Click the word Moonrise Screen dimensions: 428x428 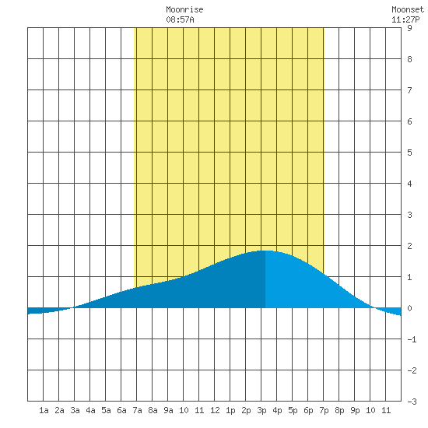pos(184,9)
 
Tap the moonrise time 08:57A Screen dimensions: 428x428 pos(180,19)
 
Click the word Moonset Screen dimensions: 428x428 pos(408,9)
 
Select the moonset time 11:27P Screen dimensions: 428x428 pos(405,19)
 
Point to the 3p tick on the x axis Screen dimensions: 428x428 pos(261,410)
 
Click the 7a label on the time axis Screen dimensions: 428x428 pos(137,410)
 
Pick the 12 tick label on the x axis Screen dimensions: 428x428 pos(215,410)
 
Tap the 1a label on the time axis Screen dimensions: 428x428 pos(44,410)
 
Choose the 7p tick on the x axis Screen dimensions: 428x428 pos(324,410)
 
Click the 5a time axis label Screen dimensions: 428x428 pos(106,410)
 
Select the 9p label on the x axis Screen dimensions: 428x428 pos(355,410)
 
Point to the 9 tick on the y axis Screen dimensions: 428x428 pos(409,28)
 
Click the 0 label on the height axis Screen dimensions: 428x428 pos(409,308)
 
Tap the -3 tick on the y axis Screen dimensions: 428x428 pos(412,402)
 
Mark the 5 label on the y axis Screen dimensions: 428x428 pos(409,153)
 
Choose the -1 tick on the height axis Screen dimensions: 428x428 pos(412,339)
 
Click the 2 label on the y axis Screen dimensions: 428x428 pos(409,246)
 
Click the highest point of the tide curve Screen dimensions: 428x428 pos(265,251)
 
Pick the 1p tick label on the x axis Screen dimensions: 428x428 pos(230,410)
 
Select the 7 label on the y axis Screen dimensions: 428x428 pos(409,90)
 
